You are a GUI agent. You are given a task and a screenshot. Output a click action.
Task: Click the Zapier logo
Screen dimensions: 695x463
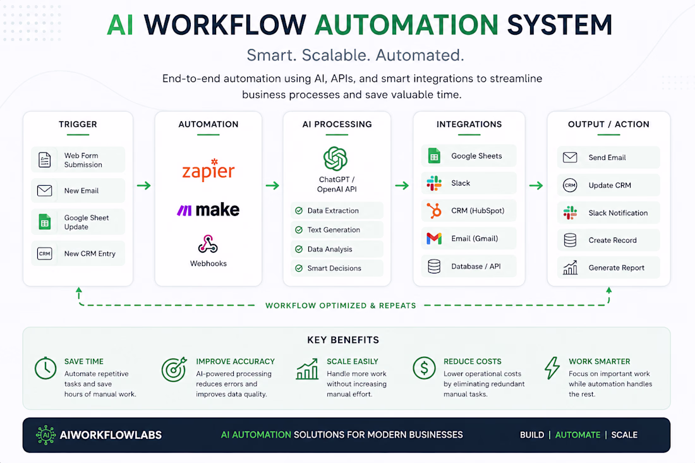click(x=208, y=170)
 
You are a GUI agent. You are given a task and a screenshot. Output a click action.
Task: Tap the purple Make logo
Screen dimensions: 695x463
click(x=208, y=210)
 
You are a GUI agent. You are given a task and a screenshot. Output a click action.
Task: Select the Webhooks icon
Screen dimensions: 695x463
click(x=208, y=244)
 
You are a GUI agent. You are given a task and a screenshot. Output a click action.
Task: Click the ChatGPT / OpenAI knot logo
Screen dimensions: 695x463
click(x=335, y=159)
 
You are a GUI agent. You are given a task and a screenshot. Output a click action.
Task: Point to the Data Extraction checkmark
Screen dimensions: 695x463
click(x=299, y=211)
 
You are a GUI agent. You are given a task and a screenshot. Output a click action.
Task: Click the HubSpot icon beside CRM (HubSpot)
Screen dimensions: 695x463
click(x=434, y=210)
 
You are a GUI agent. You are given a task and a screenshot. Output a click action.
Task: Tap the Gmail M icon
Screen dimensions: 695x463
click(x=434, y=239)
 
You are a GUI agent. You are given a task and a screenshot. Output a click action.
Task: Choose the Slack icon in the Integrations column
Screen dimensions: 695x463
click(x=434, y=183)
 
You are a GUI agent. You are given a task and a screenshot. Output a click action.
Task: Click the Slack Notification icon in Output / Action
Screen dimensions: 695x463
click(x=570, y=213)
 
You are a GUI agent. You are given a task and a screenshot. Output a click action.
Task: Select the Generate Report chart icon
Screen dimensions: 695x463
click(x=570, y=268)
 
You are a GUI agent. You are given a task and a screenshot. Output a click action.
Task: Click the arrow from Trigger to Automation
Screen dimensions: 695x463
click(x=143, y=185)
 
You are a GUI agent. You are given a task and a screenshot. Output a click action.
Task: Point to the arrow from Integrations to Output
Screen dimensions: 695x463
click(x=536, y=185)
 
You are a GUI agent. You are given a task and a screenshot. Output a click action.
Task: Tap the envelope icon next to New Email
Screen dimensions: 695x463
click(x=45, y=191)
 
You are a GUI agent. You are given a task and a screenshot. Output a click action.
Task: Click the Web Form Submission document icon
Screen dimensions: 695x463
click(x=45, y=160)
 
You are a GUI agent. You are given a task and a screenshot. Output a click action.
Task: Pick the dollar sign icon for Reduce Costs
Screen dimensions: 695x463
click(x=424, y=368)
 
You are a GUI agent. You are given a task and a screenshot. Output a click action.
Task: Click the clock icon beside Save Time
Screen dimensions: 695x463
click(x=45, y=368)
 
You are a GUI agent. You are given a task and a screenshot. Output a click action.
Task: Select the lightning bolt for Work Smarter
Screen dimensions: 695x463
click(x=552, y=368)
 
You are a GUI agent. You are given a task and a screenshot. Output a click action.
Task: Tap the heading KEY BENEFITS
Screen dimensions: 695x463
click(x=343, y=340)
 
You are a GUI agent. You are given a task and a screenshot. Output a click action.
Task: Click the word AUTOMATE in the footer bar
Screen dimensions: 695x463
click(x=577, y=435)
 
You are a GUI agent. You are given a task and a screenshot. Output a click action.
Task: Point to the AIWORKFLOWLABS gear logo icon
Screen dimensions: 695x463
click(x=45, y=435)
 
